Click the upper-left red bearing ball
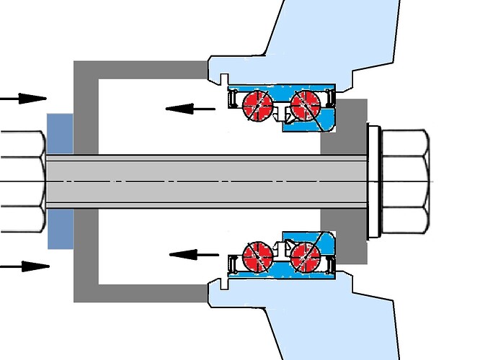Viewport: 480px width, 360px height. tap(255, 102)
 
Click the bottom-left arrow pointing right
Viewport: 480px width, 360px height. tap(25, 266)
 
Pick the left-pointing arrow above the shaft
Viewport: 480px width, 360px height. tap(190, 109)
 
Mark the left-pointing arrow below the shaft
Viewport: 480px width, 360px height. tap(193, 253)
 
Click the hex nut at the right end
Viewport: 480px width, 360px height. tap(404, 180)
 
